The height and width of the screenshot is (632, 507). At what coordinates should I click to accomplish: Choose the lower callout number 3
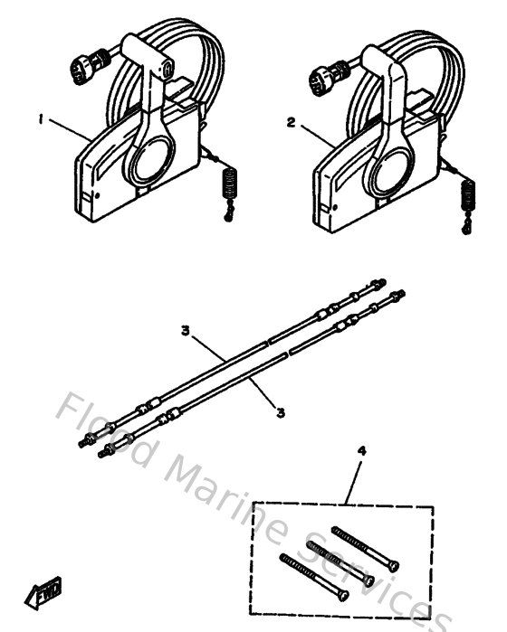(282, 412)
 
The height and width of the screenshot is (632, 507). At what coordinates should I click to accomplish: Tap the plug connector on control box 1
(79, 65)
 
